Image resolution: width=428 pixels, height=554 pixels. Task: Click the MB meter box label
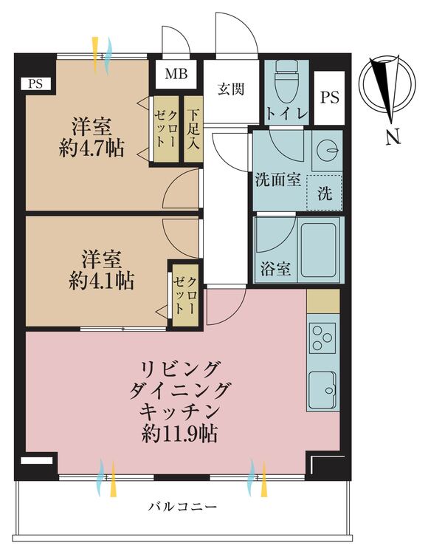(x=176, y=74)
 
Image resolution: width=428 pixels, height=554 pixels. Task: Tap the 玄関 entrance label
(x=229, y=89)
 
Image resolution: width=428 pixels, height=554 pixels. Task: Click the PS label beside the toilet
(x=329, y=98)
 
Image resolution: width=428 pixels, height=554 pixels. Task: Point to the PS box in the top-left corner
(x=35, y=83)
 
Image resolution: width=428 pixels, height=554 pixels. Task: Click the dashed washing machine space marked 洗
(x=325, y=194)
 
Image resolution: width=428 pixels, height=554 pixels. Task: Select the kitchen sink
(x=322, y=386)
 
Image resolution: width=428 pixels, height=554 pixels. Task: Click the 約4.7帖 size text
(x=92, y=148)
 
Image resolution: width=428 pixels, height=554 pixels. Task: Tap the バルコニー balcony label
(x=182, y=507)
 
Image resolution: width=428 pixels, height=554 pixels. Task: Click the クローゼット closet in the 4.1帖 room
(x=184, y=293)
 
